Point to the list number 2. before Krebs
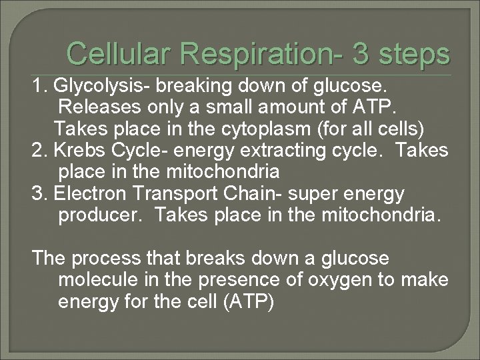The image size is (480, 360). coord(40,151)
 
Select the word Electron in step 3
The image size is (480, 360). coord(84,193)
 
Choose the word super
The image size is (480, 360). coord(299,193)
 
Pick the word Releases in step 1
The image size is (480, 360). coord(93,109)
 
